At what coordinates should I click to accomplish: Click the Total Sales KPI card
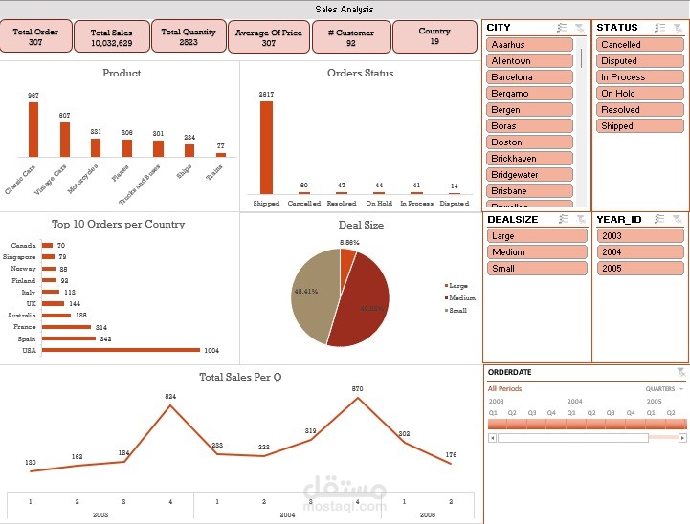[x=111, y=37]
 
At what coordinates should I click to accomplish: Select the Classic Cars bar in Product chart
[x=33, y=129]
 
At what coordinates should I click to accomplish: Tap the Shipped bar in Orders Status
[x=266, y=147]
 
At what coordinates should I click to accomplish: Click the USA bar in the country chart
[x=121, y=350]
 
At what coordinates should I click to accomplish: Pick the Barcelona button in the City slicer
[x=529, y=77]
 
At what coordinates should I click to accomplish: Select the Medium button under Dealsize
[x=529, y=252]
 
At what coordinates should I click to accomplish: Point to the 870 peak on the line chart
[x=358, y=398]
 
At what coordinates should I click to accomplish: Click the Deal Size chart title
[x=360, y=225]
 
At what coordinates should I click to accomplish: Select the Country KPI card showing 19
[x=434, y=36]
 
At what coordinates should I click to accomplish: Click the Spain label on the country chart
[x=28, y=338]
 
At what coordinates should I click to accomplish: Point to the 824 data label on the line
[x=170, y=396]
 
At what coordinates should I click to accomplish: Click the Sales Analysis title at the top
[x=345, y=10]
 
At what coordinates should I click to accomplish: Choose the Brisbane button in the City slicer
[x=529, y=191]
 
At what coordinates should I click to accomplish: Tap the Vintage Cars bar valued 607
[x=65, y=140]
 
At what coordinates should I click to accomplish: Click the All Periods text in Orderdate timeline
[x=504, y=389]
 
